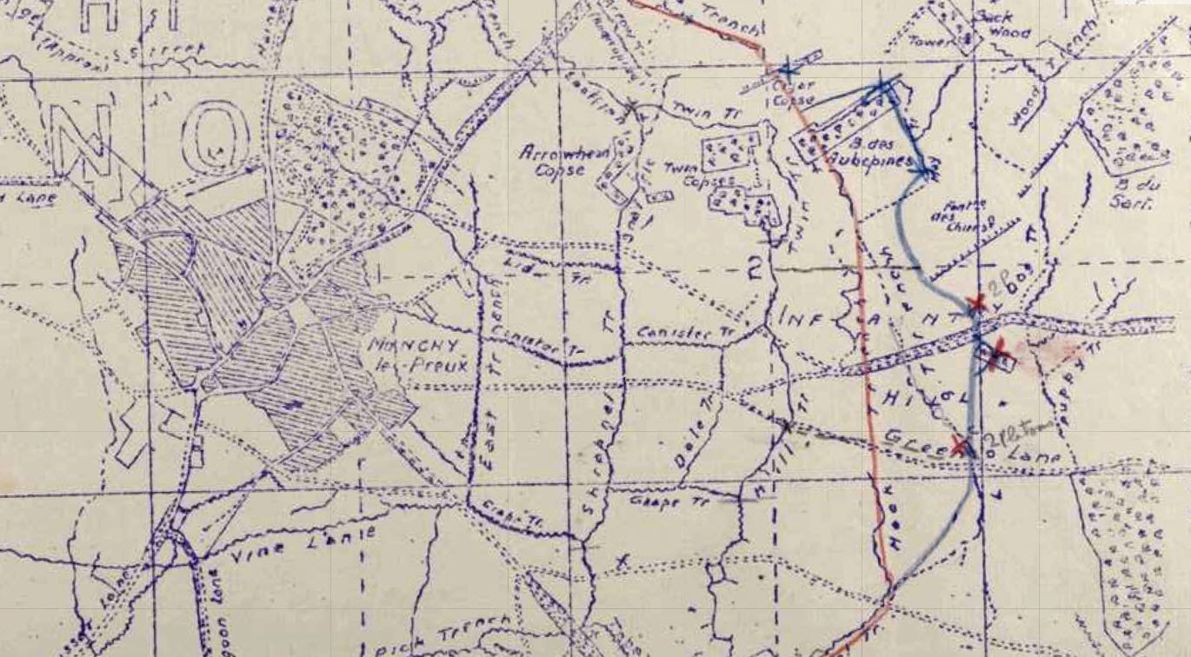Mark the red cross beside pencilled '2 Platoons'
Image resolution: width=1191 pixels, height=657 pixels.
click(960, 447)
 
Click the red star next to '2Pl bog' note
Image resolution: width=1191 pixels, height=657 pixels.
click(976, 303)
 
